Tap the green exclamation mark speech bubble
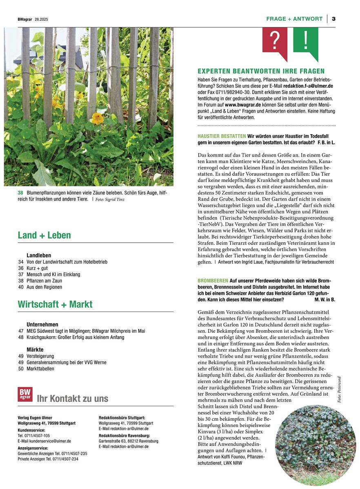coord(306,41)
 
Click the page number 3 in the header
coord(333,19)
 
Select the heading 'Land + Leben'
coord(44,235)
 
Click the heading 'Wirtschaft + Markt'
coord(55,304)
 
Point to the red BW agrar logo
coord(25,394)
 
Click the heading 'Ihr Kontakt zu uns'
coord(73,398)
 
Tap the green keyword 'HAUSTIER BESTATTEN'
coord(222,136)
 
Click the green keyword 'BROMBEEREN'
coord(212,281)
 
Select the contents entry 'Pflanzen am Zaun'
coord(44,281)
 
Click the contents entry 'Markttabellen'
coord(40,369)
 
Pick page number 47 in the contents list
coord(21,331)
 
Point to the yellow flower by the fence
coord(97,118)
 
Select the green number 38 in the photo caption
coord(20,193)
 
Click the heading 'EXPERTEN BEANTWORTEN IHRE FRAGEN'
coord(261,71)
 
